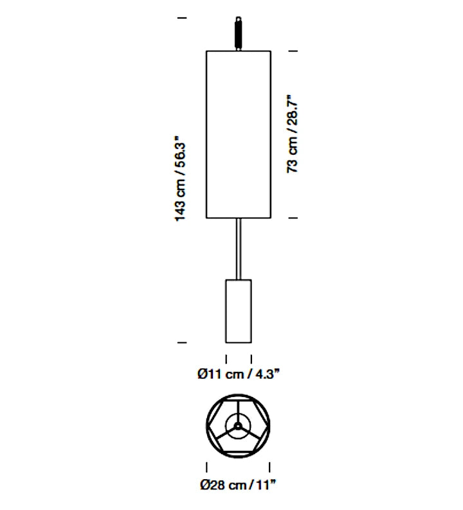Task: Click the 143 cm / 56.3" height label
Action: tap(181, 182)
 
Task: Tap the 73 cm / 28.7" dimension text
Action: tap(292, 134)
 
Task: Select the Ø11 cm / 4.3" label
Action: tap(239, 374)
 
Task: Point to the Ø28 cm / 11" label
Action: tap(238, 485)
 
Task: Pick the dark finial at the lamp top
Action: tap(239, 33)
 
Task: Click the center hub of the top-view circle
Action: tap(238, 426)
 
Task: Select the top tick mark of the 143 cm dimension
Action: tap(182, 18)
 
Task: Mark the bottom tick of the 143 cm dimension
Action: tap(182, 342)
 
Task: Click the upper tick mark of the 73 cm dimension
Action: tap(293, 51)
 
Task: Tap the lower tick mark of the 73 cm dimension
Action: tap(293, 218)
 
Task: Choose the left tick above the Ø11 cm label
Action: tap(226, 359)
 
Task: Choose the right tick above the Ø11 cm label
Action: tap(251, 359)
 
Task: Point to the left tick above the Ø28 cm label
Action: tap(207, 467)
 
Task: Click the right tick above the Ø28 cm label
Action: tap(269, 467)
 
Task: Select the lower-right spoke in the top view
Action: tap(250, 432)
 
